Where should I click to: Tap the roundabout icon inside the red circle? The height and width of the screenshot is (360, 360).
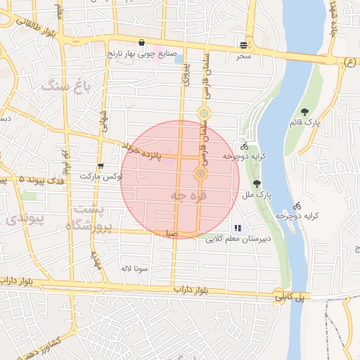click(201, 174)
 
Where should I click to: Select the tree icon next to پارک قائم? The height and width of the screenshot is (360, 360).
click(304, 111)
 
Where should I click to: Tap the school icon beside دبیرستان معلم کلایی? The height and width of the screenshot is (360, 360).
click(238, 228)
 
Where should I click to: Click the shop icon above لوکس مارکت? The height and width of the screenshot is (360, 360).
click(101, 167)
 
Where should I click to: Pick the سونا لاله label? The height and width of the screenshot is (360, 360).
click(133, 269)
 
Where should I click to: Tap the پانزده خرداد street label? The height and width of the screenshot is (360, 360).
click(152, 150)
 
